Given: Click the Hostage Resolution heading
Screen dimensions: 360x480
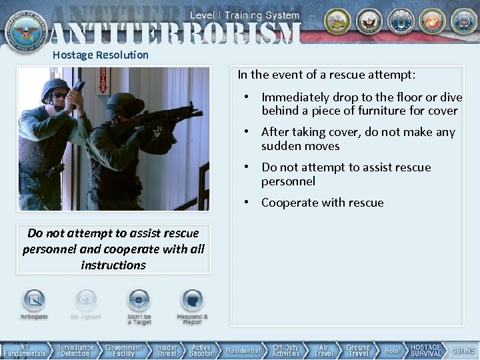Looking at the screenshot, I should pyautogui.click(x=100, y=55).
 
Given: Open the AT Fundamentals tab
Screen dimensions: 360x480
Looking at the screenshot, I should pyautogui.click(x=24, y=351).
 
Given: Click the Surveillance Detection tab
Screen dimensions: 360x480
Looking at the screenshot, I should pyautogui.click(x=75, y=351).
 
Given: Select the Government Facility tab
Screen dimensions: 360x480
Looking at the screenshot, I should pyautogui.click(x=123, y=351).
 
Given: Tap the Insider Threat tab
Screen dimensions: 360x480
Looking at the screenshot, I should pyautogui.click(x=166, y=351).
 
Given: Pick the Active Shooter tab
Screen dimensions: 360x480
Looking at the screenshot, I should pyautogui.click(x=201, y=351).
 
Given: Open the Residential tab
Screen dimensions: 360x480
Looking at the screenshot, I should pyautogui.click(x=243, y=351).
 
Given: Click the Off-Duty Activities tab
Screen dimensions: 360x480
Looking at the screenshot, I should pyautogui.click(x=285, y=351).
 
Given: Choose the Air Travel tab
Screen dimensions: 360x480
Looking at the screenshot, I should pyautogui.click(x=323, y=351).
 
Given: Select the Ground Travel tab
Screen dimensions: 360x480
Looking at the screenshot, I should pyautogui.click(x=358, y=351).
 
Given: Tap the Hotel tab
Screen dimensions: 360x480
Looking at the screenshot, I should pyautogui.click(x=392, y=351).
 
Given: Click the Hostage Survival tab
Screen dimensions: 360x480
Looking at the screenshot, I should pyautogui.click(x=425, y=351).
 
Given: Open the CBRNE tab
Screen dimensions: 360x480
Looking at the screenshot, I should pyautogui.click(x=463, y=351).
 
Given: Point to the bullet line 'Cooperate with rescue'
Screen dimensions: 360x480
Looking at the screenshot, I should pyautogui.click(x=323, y=203).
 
